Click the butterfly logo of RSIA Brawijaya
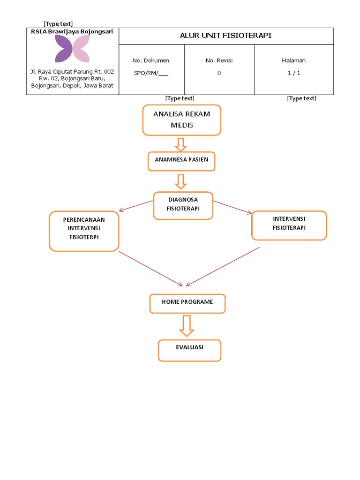(72, 49)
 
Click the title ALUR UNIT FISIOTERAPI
(226, 36)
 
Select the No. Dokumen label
(151, 60)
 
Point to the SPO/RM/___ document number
(151, 73)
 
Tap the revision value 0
(219, 73)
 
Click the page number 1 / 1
(294, 73)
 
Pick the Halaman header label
(294, 60)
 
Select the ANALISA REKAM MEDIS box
(181, 120)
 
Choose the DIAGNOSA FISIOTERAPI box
(183, 205)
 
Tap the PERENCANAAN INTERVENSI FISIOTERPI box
(84, 231)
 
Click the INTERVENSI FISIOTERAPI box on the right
(289, 225)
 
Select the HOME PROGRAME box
(187, 303)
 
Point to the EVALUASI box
(189, 350)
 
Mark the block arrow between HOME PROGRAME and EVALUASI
(187, 326)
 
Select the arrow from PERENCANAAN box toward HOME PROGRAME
(150, 268)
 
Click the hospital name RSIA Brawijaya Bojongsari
(72, 31)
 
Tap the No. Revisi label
(219, 60)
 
